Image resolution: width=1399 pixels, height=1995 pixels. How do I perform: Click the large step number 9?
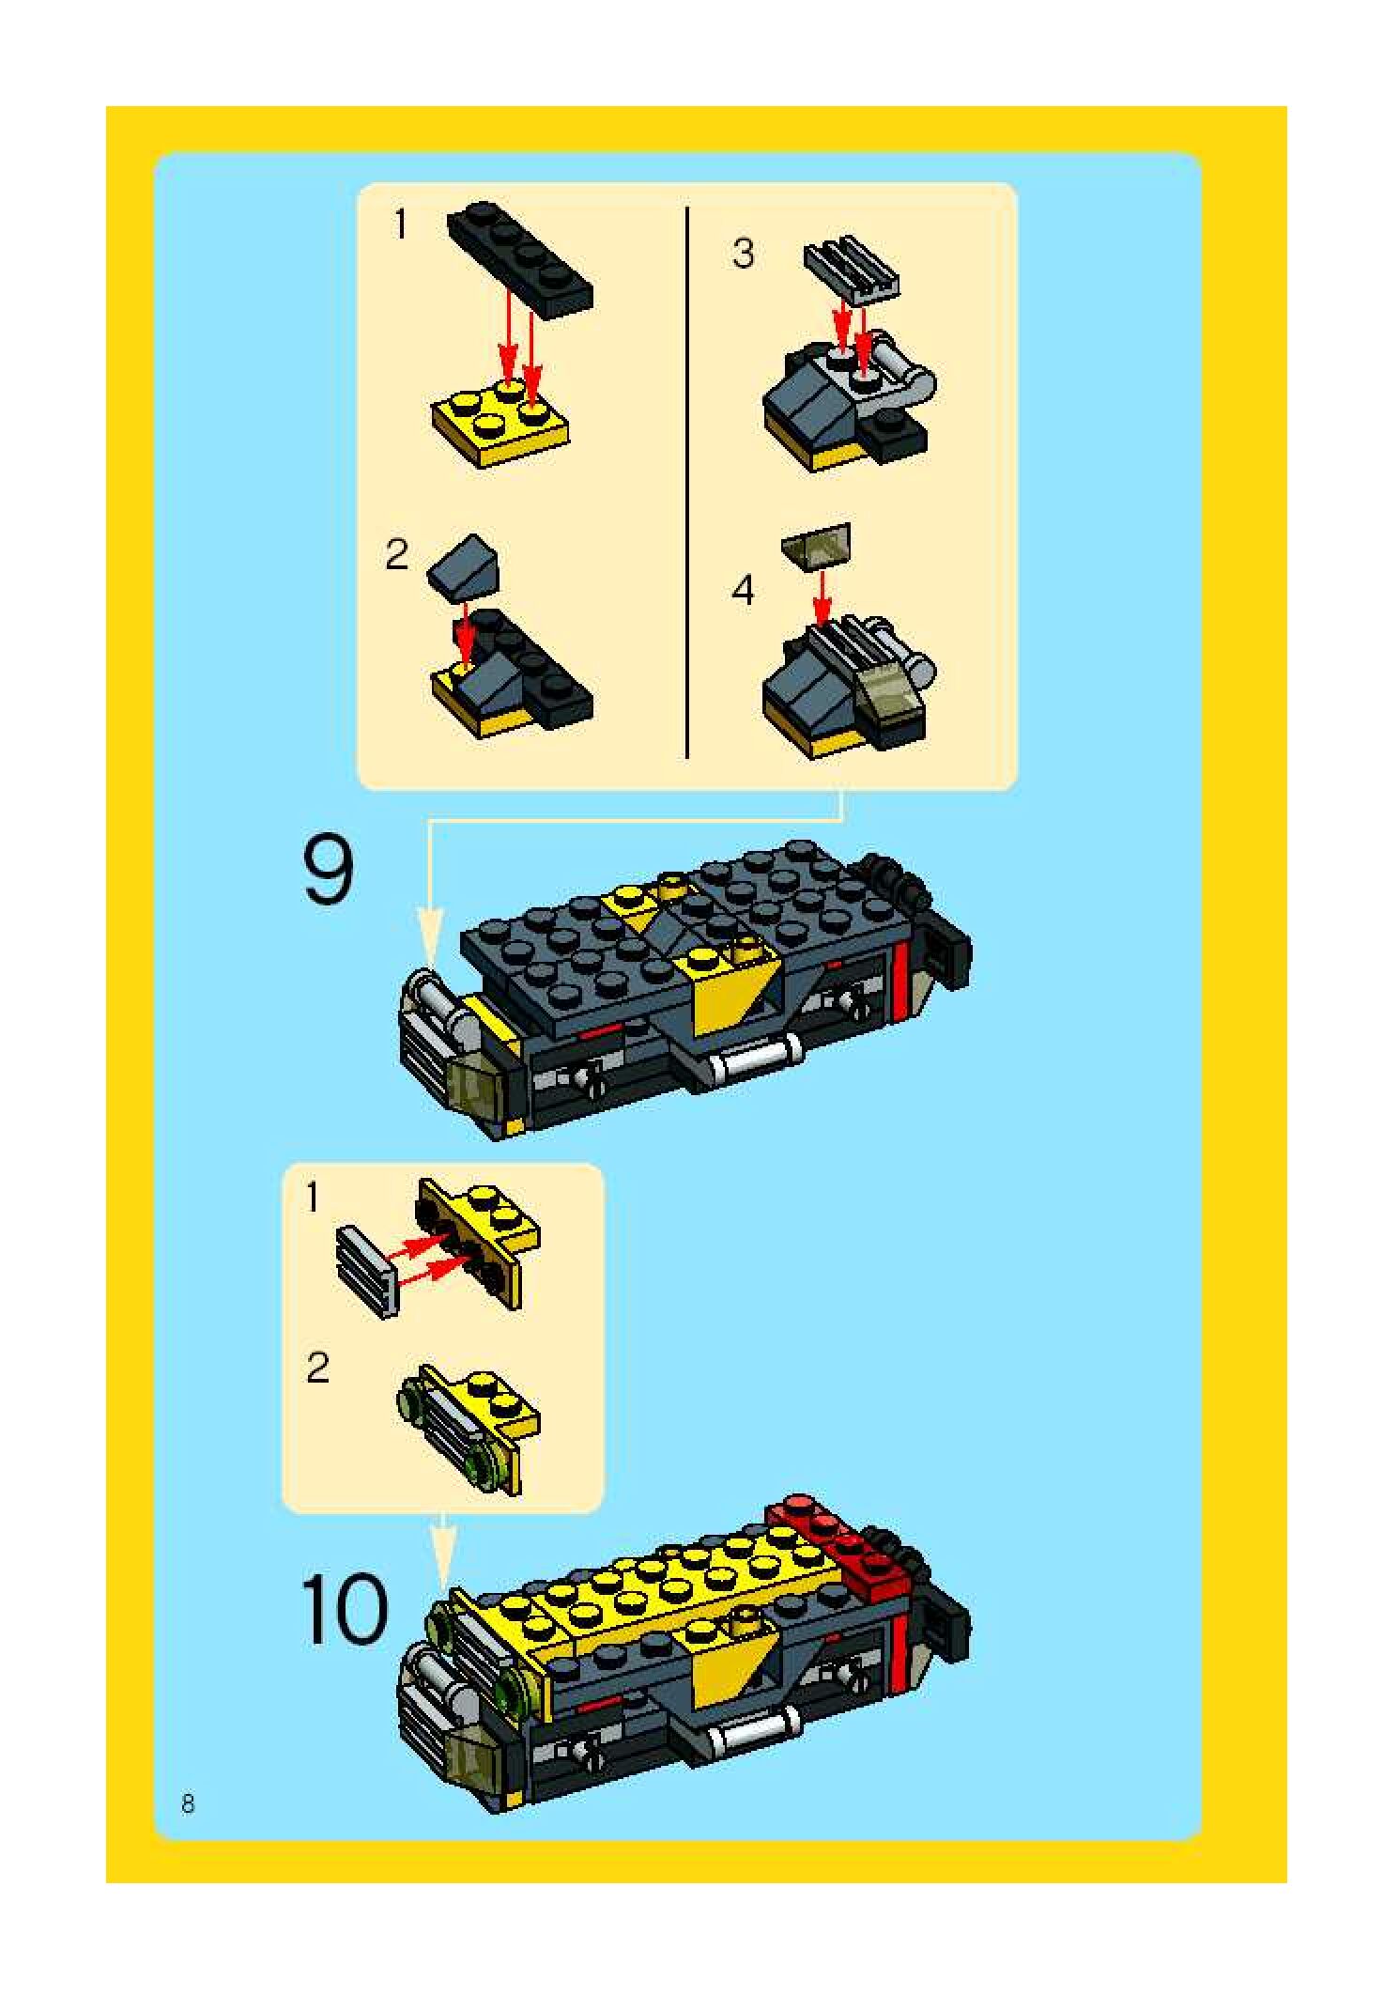point(329,872)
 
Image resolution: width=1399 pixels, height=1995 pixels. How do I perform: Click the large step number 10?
point(344,1612)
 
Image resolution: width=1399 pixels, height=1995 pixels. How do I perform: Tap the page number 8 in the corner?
point(188,1803)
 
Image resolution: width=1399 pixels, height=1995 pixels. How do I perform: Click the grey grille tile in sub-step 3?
point(852,269)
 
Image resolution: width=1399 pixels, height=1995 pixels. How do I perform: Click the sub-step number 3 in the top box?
point(743,254)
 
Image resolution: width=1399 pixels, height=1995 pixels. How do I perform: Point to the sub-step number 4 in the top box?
point(743,590)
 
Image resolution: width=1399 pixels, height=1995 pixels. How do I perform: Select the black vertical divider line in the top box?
point(687,483)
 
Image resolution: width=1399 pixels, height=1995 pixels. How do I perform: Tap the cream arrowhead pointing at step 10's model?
point(443,1556)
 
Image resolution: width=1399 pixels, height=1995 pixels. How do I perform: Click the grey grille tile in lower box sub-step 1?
point(366,1272)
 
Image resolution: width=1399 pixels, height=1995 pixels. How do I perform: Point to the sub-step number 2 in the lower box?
point(317,1368)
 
